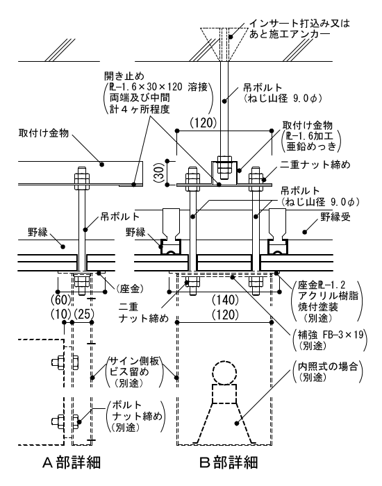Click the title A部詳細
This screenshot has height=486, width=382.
point(72,463)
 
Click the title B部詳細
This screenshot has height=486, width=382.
point(229,463)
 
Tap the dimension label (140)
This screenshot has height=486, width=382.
point(226,300)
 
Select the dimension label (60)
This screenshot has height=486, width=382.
point(61,300)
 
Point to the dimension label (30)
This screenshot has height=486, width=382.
point(158,173)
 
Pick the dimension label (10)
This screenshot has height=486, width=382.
point(61,315)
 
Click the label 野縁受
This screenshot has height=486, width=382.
point(335,217)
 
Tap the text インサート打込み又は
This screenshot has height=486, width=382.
point(299,23)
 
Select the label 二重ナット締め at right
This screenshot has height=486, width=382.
point(315,165)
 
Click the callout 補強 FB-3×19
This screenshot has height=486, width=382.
point(330,335)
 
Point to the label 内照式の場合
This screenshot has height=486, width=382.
point(328,367)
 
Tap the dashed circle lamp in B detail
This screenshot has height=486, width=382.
point(224,373)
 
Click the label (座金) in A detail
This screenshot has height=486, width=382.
point(130,289)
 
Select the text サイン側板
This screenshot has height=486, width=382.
point(134,360)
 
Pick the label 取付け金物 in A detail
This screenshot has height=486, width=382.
point(43,133)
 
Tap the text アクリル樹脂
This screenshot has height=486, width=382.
point(328,295)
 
